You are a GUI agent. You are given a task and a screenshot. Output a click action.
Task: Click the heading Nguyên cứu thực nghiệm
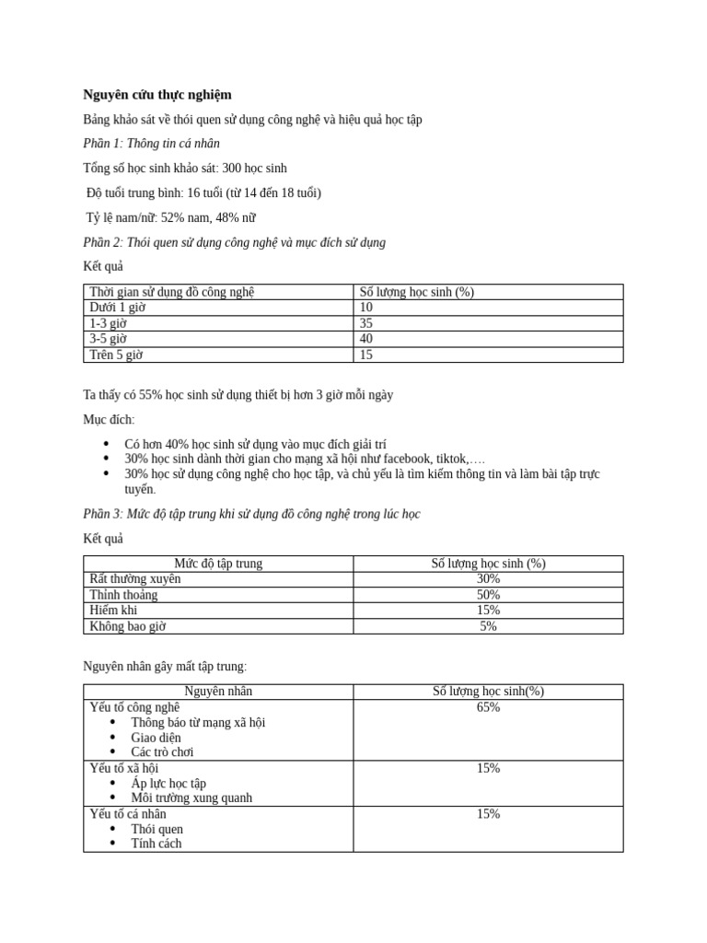tap(157, 95)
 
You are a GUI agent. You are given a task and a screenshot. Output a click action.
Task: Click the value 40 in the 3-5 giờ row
tap(366, 339)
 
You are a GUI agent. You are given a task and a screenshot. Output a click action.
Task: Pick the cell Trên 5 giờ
tap(116, 355)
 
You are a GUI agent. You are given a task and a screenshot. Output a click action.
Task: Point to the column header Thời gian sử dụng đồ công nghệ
tap(171, 292)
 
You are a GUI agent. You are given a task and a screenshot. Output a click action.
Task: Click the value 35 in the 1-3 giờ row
tap(366, 323)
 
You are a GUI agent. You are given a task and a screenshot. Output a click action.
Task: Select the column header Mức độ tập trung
tap(218, 564)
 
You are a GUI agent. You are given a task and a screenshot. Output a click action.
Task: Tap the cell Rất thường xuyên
tap(134, 579)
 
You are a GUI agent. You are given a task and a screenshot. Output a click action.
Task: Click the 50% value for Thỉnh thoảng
tap(488, 595)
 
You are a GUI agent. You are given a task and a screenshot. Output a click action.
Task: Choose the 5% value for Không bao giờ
tap(488, 626)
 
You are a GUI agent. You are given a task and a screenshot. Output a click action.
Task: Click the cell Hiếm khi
tap(113, 611)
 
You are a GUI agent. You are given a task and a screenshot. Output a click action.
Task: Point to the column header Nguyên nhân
tap(218, 692)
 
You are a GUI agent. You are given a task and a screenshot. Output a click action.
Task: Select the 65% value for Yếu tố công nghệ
tap(488, 707)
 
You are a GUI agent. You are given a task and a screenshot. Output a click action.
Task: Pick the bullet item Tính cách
tap(156, 844)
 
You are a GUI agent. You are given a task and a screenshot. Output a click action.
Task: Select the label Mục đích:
tap(109, 420)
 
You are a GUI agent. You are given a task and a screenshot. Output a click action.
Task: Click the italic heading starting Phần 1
tap(152, 144)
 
